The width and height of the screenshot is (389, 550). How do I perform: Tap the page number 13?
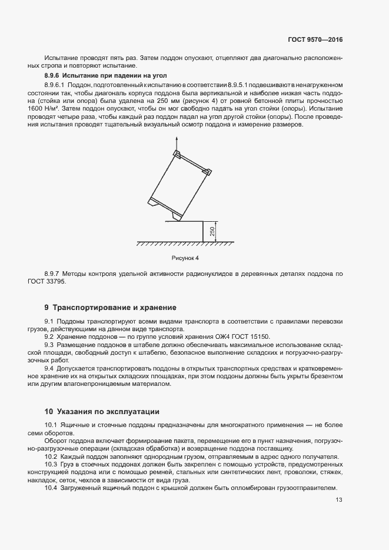coord(338,500)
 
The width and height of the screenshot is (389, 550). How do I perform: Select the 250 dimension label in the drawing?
coord(212,232)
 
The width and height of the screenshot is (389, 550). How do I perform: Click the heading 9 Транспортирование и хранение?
coord(110,308)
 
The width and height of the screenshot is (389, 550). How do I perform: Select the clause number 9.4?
coord(49,368)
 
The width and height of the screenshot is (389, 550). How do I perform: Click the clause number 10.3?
coord(51,464)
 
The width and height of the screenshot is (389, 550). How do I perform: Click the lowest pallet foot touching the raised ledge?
coord(177,217)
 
